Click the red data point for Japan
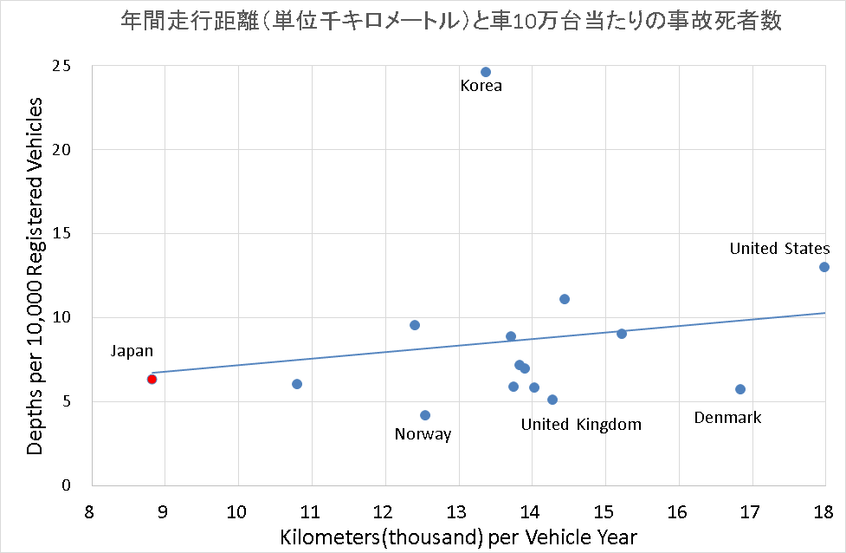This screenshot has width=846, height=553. (x=152, y=379)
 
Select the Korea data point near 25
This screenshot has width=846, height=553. (x=486, y=72)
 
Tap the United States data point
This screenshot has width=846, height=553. (x=824, y=267)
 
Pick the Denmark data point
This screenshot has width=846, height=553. (x=740, y=389)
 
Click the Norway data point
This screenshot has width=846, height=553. (x=425, y=415)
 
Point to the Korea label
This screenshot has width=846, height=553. (x=481, y=87)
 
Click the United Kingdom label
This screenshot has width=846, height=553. (x=581, y=425)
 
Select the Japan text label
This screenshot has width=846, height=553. (x=132, y=351)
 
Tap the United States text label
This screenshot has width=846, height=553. (x=779, y=250)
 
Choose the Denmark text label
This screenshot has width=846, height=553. (x=727, y=418)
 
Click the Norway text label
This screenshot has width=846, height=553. (x=423, y=434)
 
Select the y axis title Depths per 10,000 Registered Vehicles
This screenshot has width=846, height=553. (x=35, y=276)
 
